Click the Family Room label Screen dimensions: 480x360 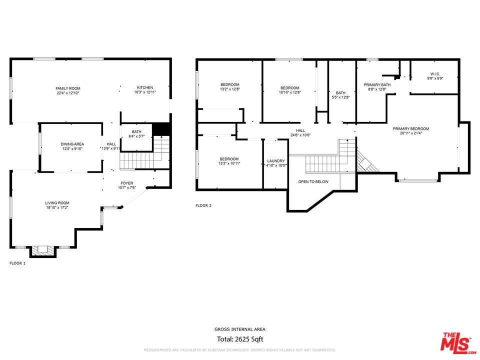click(x=68, y=88)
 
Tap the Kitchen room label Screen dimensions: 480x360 click(x=145, y=87)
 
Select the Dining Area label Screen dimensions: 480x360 click(x=72, y=144)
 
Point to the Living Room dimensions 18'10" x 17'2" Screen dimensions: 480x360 click(x=57, y=207)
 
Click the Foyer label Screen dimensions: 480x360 click(x=126, y=183)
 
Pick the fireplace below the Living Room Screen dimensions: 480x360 click(x=43, y=250)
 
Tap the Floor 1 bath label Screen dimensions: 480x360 click(x=136, y=132)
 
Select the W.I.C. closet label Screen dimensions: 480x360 click(x=435, y=74)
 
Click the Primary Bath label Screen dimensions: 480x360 click(x=377, y=85)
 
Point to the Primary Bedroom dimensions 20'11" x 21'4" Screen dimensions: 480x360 click(x=411, y=133)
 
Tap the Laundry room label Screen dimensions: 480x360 click(x=276, y=161)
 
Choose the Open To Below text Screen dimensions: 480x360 click(x=313, y=182)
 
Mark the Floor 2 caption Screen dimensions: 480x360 click(x=203, y=205)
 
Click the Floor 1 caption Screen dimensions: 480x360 click(x=17, y=263)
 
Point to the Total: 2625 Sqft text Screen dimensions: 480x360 click(x=240, y=339)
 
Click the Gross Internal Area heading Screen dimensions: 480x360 click(x=240, y=329)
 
